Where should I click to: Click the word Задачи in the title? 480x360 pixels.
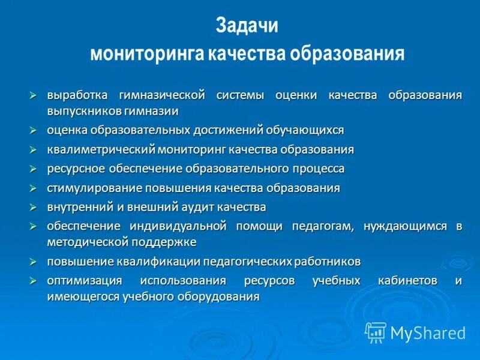point(247,27)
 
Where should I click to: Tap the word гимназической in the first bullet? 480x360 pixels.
point(162,95)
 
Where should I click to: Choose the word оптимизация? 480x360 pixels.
point(85,281)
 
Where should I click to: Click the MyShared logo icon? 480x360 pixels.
point(376,332)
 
